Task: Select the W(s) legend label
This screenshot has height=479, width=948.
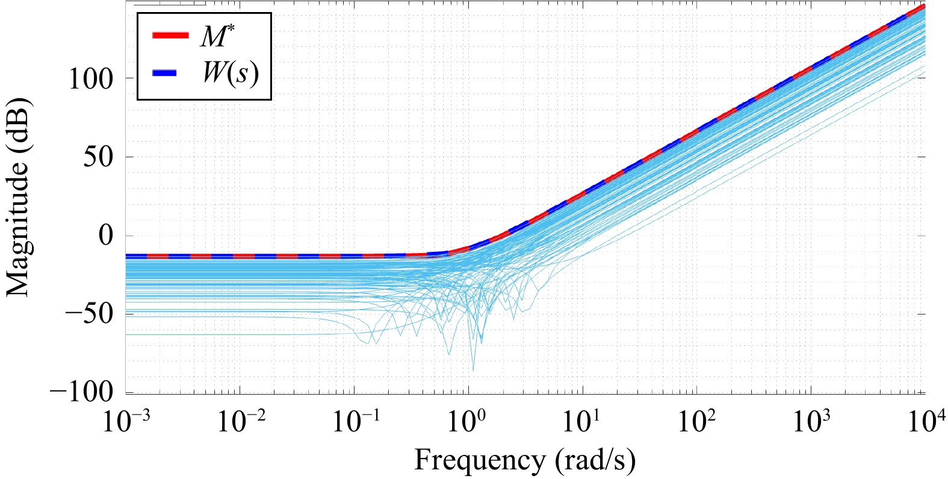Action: click(x=231, y=73)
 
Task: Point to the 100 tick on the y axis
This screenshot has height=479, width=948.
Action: click(x=91, y=79)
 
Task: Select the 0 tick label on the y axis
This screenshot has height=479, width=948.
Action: click(x=106, y=236)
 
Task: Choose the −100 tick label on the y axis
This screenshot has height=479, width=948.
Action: click(x=81, y=392)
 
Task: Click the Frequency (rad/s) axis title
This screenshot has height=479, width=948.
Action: click(x=525, y=461)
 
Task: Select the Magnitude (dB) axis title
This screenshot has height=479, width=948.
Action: click(x=18, y=197)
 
